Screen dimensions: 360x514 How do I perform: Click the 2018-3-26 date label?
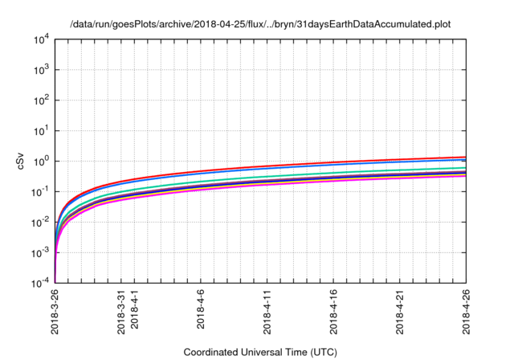pyautogui.click(x=55, y=313)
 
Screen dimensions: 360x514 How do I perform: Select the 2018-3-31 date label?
pyautogui.click(x=122, y=313)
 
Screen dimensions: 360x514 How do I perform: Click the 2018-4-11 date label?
pyautogui.click(x=268, y=313)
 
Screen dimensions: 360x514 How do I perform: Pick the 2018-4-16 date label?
pyautogui.click(x=335, y=313)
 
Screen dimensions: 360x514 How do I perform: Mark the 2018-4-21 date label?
pyautogui.click(x=401, y=313)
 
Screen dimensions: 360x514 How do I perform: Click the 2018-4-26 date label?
pyautogui.click(x=467, y=313)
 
